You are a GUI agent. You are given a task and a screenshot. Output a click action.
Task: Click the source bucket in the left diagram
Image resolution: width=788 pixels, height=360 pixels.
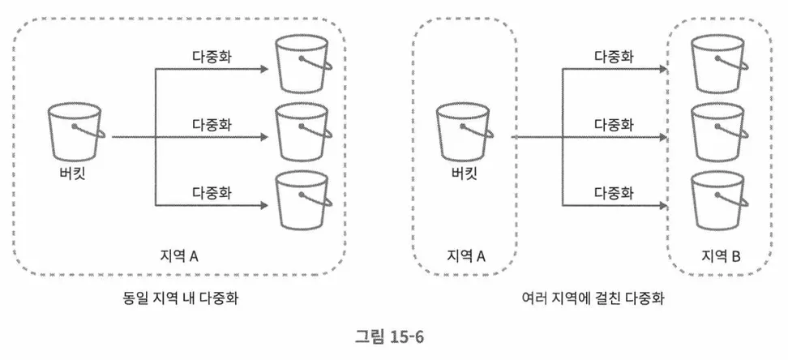(x=75, y=131)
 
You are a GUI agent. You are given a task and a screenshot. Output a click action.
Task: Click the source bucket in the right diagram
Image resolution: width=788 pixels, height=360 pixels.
(x=464, y=131)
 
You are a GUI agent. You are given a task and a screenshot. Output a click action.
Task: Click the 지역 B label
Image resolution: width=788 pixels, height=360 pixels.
(x=721, y=256)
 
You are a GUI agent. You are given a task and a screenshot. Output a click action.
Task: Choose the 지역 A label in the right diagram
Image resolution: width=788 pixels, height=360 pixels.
(x=465, y=256)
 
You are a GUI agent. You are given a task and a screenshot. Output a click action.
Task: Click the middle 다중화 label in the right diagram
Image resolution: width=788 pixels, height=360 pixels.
(x=614, y=125)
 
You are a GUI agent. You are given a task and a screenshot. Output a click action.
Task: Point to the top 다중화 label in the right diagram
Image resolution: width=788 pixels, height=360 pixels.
(x=614, y=58)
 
